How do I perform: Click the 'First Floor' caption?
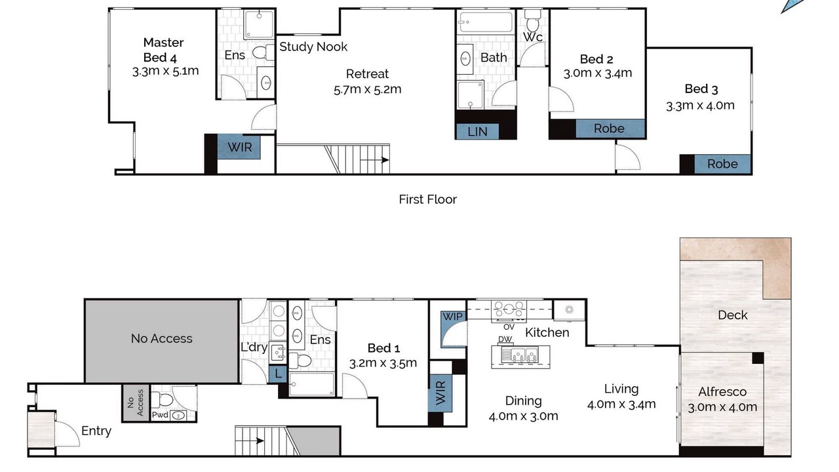coord(427,199)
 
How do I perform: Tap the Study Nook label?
coord(313,47)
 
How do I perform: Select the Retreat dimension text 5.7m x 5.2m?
coord(368,90)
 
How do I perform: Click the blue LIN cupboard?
coord(478,132)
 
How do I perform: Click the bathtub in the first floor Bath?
coord(486,22)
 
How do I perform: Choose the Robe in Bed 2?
coord(610,128)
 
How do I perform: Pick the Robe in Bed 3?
coord(722,164)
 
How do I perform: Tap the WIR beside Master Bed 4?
coord(239,147)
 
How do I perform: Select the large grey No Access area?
coord(161,340)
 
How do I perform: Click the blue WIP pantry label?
coord(452,317)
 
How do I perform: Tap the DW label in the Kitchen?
coord(505,340)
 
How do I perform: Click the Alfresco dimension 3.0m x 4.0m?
coord(722,407)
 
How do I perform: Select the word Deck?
coord(732,315)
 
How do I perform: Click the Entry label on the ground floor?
coord(96,431)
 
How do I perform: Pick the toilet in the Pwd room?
coord(161,400)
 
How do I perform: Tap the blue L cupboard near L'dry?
coord(278,374)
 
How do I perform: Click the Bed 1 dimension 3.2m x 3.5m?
coord(383,363)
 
